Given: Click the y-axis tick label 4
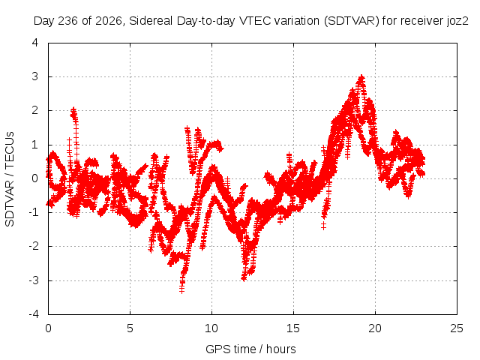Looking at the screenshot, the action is tap(35, 43).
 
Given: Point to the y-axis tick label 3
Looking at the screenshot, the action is tap(35, 76).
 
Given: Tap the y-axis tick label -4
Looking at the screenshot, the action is tap(34, 314).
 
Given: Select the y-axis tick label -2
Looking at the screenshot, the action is tap(34, 246).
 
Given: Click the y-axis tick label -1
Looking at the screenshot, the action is tap(34, 212).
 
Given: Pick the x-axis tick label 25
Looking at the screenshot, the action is tap(457, 328).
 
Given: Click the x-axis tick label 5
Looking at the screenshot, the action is tap(130, 328).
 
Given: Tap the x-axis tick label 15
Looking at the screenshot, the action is tap(293, 328).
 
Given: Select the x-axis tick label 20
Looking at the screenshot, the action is tap(375, 328).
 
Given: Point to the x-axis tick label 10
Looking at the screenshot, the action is tap(211, 328).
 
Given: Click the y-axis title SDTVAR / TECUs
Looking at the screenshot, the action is tap(10, 179).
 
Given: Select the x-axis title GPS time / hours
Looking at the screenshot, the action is tap(250, 349).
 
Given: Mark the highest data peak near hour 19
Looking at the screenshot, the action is tap(361, 76).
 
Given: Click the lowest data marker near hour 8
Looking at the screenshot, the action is tap(181, 290).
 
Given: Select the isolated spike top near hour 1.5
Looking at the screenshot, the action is tap(73, 109).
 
